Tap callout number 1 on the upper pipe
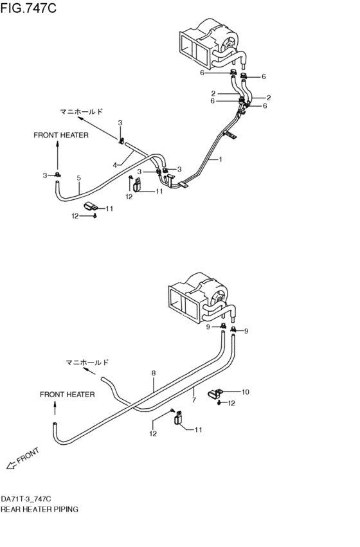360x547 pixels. click(x=220, y=159)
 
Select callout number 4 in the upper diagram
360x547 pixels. click(x=114, y=165)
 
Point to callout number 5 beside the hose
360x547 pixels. click(x=79, y=178)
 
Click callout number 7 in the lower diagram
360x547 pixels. click(x=193, y=400)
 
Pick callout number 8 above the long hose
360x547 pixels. click(x=154, y=372)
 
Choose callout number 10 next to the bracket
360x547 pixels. click(x=245, y=391)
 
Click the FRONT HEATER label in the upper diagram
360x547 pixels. click(x=61, y=136)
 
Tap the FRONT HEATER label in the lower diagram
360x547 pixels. click(x=67, y=394)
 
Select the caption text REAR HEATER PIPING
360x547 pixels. click(x=40, y=508)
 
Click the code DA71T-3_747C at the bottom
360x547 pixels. click(x=26, y=499)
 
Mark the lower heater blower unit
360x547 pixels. click(x=199, y=296)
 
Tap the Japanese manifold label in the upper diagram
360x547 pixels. click(x=81, y=111)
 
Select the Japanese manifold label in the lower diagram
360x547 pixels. click(x=87, y=363)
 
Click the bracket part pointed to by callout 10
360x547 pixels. click(x=215, y=393)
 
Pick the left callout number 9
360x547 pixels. click(x=208, y=327)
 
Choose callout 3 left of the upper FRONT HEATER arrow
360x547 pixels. click(x=46, y=175)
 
